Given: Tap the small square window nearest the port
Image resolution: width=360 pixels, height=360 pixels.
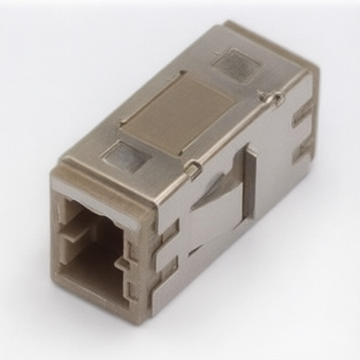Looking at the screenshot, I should coord(126,156).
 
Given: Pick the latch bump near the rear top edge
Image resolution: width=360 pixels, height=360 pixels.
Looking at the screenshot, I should coord(271,98).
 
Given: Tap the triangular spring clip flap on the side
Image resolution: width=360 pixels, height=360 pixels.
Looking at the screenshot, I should coord(218,193).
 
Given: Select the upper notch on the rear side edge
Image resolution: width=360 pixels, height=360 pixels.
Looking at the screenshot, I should coord(304,112).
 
